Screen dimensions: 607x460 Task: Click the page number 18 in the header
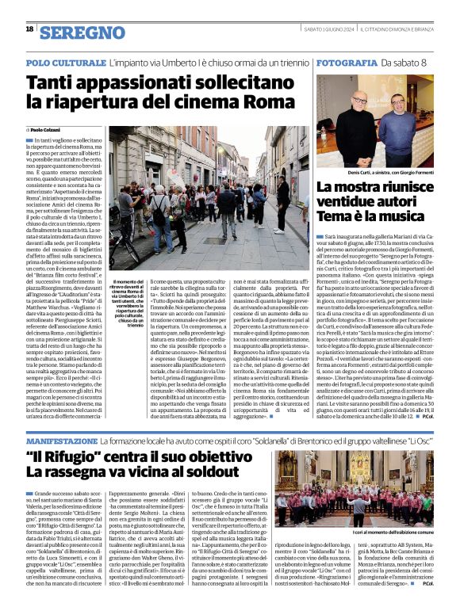(29, 29)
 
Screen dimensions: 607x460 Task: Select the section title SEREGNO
(82, 32)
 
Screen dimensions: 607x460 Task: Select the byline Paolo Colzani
(44, 129)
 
